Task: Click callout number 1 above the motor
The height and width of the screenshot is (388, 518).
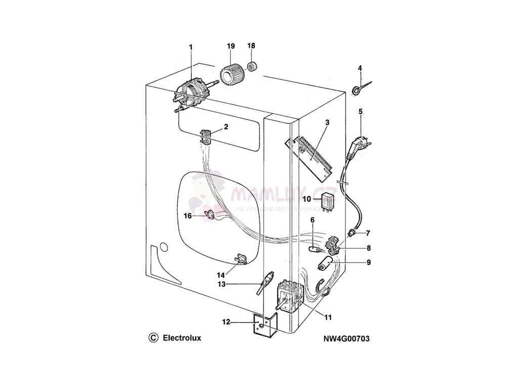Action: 191,47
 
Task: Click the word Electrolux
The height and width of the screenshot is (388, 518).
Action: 182,338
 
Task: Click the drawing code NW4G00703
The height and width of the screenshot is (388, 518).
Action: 347,338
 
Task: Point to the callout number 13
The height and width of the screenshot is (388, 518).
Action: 222,284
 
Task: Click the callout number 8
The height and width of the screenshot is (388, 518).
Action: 369,248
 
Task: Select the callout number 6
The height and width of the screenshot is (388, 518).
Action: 312,220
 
